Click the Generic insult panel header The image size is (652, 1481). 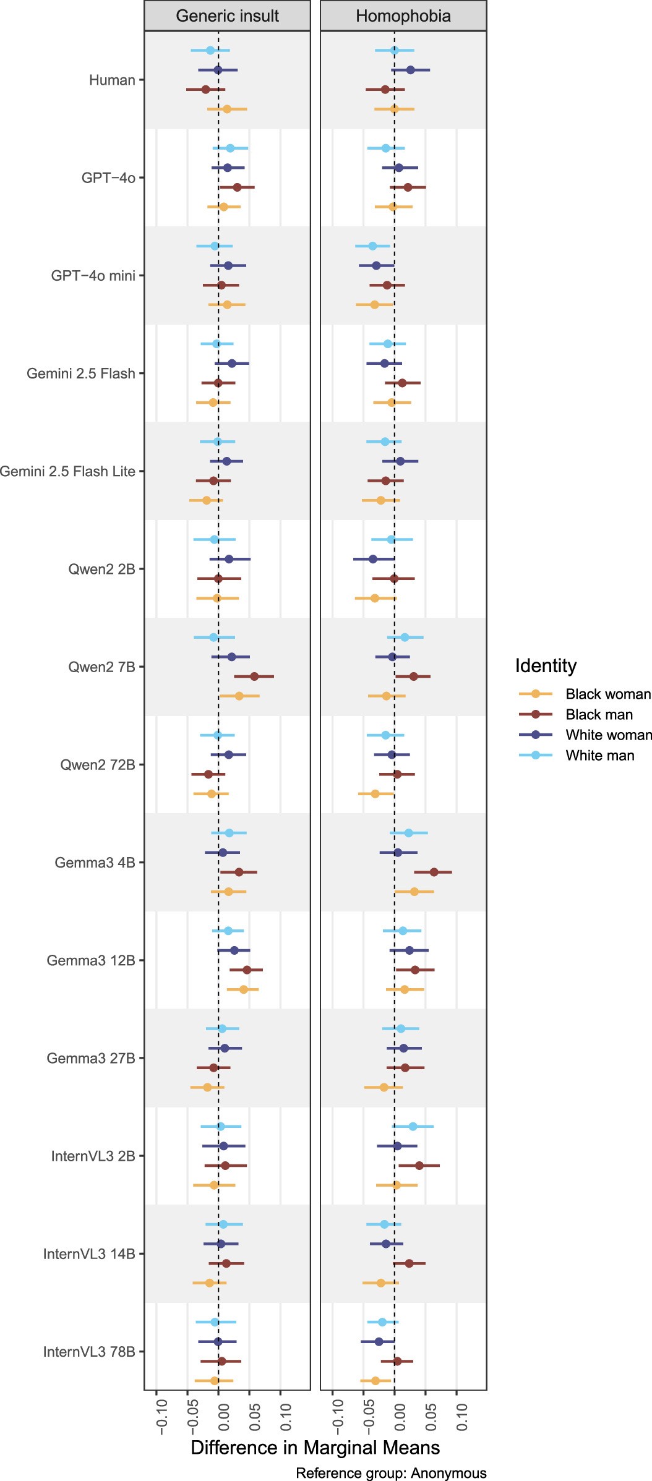[227, 16]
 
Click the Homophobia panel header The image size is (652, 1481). [403, 16]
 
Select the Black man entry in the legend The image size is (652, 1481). [599, 714]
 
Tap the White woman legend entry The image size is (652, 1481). [608, 735]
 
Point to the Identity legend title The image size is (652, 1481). [546, 665]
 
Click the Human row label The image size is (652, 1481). [112, 80]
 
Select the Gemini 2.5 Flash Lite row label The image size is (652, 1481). [67, 471]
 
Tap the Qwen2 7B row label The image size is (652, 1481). [101, 667]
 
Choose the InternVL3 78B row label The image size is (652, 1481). [89, 1352]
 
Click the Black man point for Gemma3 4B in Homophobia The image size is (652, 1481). [434, 872]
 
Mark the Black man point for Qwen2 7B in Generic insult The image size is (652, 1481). [254, 676]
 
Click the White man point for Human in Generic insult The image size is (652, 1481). [210, 50]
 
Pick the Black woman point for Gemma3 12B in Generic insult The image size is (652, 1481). [244, 989]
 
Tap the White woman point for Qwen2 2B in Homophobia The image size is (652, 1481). [373, 559]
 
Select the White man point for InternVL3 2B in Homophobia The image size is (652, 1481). [413, 1127]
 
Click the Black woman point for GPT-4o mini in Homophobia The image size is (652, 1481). [374, 304]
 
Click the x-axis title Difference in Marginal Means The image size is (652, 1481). [315, 1448]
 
